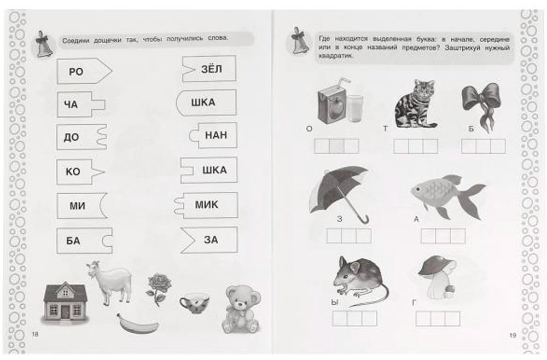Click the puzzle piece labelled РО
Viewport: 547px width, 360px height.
tap(84, 71)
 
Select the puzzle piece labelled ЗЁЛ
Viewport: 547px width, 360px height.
tap(210, 69)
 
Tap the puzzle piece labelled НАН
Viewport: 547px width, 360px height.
tap(213, 135)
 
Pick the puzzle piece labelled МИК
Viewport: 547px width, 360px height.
tap(206, 205)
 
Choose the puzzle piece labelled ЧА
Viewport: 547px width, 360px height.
tap(80, 104)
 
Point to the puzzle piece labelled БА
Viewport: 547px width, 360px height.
tap(84, 240)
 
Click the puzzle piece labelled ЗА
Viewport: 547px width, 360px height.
tap(209, 240)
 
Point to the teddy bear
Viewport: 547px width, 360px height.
tap(241, 309)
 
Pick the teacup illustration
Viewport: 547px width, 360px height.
tap(194, 303)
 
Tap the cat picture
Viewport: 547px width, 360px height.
tap(416, 104)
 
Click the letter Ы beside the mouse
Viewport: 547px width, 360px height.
tap(335, 303)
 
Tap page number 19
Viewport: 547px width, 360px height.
tap(513, 335)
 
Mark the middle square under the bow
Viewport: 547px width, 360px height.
tap(483, 146)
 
